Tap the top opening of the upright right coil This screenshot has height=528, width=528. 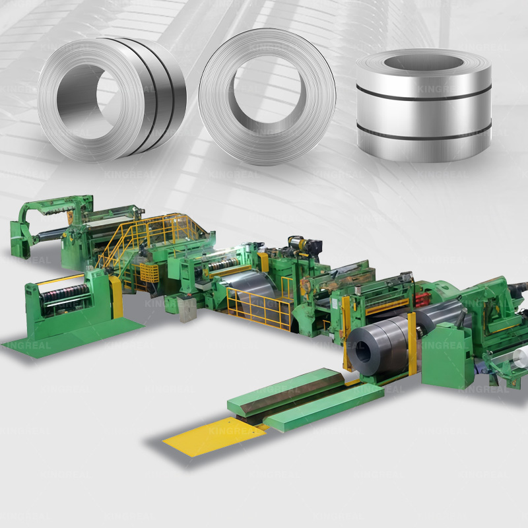tap(422, 65)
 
